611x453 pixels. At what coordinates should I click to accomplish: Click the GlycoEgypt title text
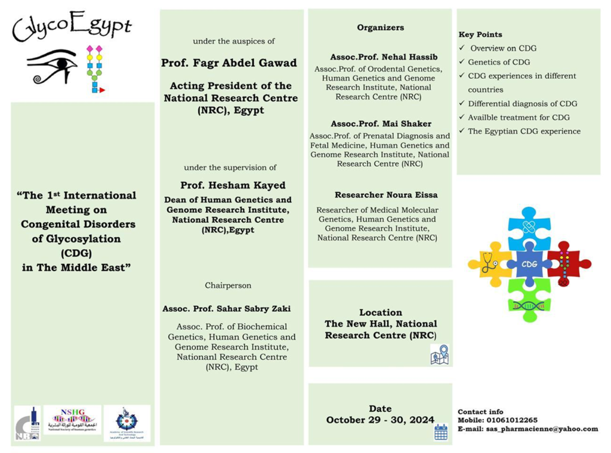[72, 27]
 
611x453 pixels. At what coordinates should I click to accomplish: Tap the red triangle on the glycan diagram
[102, 90]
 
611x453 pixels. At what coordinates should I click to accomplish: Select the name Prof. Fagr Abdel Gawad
[229, 63]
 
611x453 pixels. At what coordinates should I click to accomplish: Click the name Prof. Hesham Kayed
[233, 185]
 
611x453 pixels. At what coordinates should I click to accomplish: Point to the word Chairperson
[229, 286]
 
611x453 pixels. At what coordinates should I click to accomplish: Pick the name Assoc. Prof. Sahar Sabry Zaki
[227, 309]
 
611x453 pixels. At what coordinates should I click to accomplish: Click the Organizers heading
[381, 27]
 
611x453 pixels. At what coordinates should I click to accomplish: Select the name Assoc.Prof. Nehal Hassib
[384, 57]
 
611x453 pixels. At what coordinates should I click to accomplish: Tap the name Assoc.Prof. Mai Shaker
[381, 124]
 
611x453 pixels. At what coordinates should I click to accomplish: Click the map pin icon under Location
[439, 354]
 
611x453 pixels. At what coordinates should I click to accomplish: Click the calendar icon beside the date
[441, 432]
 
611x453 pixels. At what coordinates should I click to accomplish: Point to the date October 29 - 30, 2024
[380, 420]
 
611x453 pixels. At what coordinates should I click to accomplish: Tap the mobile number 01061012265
[511, 420]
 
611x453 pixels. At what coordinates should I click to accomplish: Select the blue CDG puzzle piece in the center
[529, 263]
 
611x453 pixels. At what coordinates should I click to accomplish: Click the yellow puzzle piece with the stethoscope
[490, 263]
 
